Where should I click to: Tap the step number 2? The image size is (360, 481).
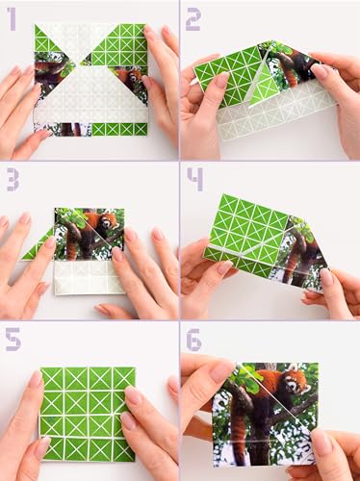(x=193, y=16)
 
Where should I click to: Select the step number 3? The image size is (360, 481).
(x=12, y=178)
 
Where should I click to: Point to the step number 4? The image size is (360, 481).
(x=194, y=178)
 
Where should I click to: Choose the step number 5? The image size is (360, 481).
(x=12, y=339)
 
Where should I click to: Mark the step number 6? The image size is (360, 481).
(x=193, y=339)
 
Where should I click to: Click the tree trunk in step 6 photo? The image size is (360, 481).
(x=241, y=423)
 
